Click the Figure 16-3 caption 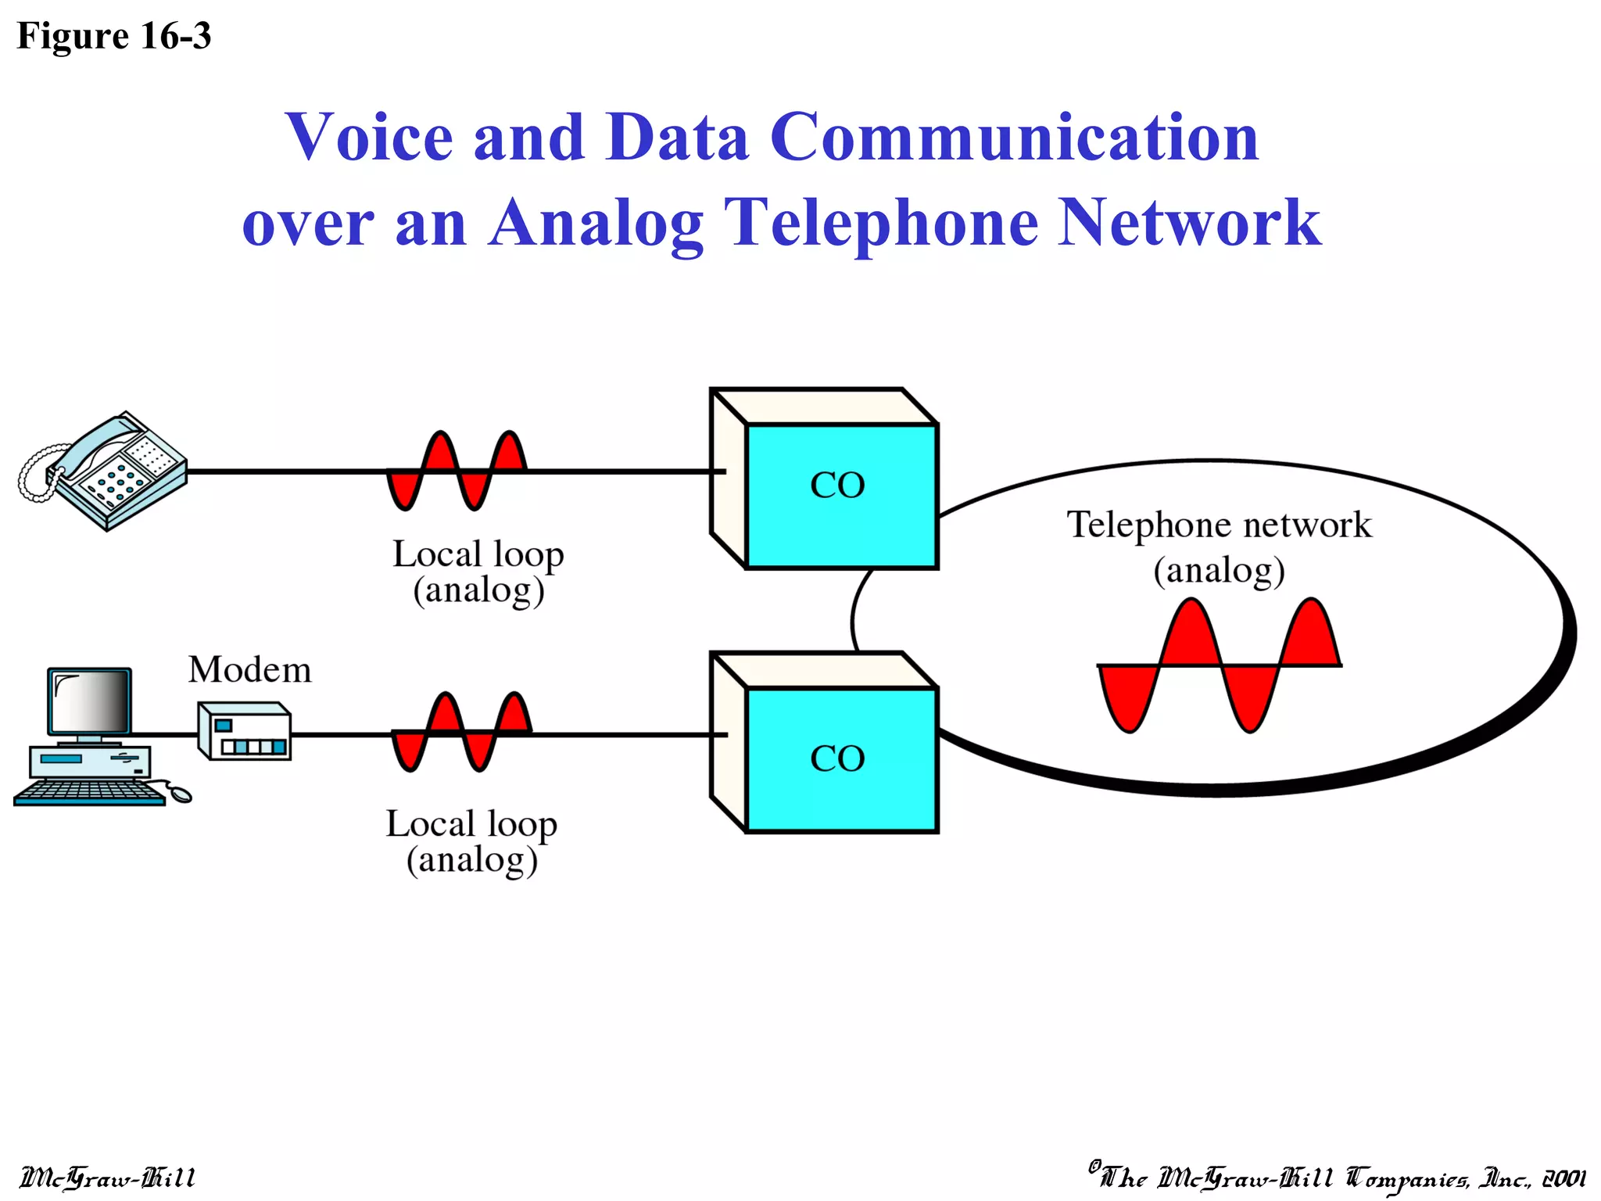pos(114,36)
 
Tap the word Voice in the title pos(368,137)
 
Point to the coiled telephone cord pos(36,472)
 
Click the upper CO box pos(840,494)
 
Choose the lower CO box pos(840,758)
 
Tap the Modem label pos(249,670)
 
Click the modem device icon pos(245,732)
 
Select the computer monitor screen pos(89,701)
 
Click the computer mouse pos(181,795)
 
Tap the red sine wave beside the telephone pos(457,470)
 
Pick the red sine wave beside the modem pos(461,732)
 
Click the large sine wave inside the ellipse pos(1219,665)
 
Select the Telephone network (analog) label pos(1219,546)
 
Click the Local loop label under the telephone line pos(478,572)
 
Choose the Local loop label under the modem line pos(471,841)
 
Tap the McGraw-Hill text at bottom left pos(107,1178)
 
